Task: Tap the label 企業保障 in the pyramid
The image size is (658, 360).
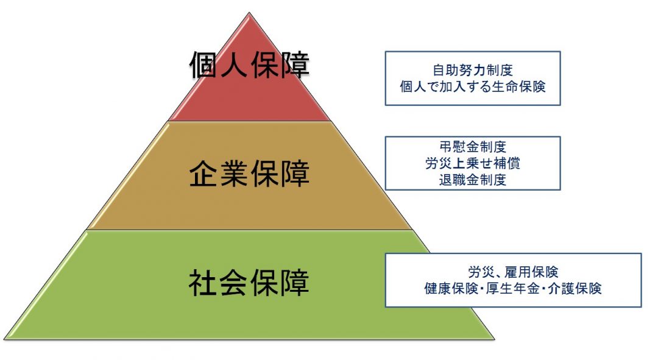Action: click(249, 174)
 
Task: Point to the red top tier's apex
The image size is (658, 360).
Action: click(249, 14)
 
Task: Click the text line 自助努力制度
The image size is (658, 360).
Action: click(472, 70)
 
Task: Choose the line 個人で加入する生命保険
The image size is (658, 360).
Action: click(472, 86)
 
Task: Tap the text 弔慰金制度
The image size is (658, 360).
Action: click(472, 147)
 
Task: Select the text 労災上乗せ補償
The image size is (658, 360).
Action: click(472, 163)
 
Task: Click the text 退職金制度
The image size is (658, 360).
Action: click(472, 180)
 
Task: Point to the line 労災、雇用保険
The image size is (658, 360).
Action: click(513, 272)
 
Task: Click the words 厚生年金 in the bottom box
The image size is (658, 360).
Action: click(513, 288)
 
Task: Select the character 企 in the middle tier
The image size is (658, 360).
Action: click(204, 174)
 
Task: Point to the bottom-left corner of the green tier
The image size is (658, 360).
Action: click(5, 339)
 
